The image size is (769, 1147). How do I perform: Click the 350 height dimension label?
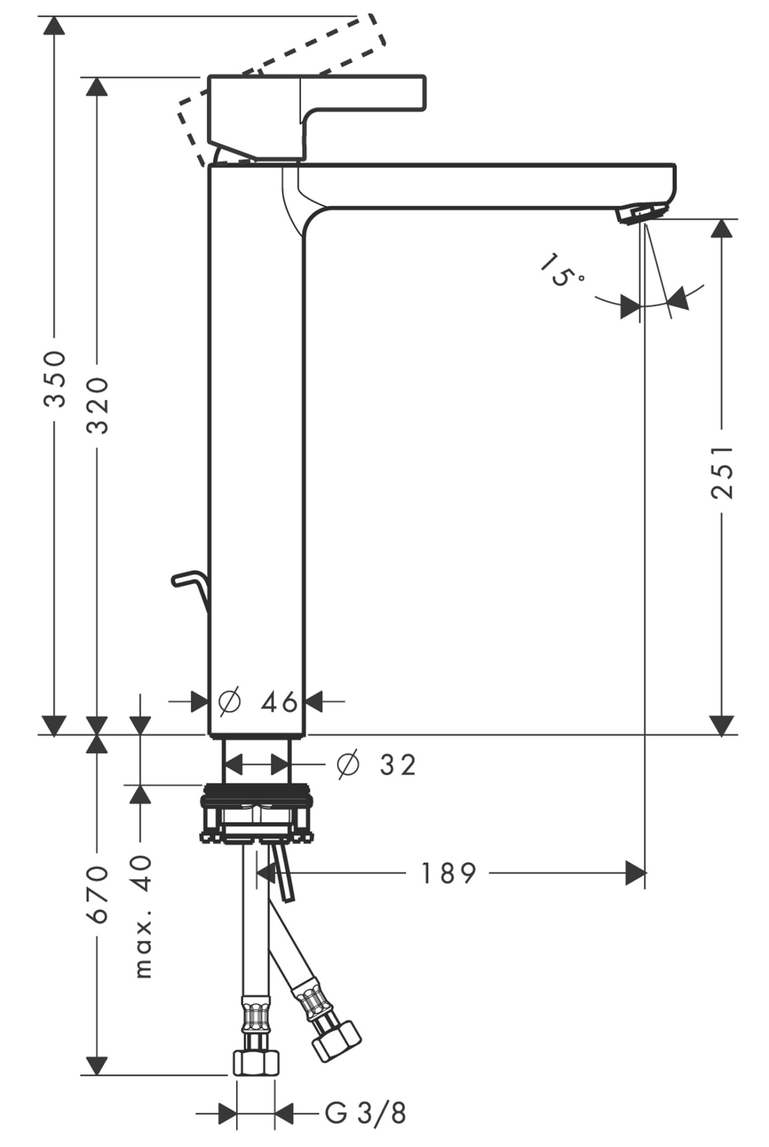click(x=55, y=379)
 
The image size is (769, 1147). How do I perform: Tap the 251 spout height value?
click(x=723, y=471)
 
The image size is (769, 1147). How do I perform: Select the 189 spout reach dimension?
click(x=449, y=873)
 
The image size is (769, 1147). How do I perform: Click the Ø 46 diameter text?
click(x=259, y=701)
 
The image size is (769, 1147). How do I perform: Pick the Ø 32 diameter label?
click(x=376, y=764)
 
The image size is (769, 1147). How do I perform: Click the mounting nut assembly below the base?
click(x=257, y=814)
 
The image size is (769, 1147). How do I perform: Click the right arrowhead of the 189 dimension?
click(x=635, y=873)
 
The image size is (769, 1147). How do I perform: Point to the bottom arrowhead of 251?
click(x=722, y=725)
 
